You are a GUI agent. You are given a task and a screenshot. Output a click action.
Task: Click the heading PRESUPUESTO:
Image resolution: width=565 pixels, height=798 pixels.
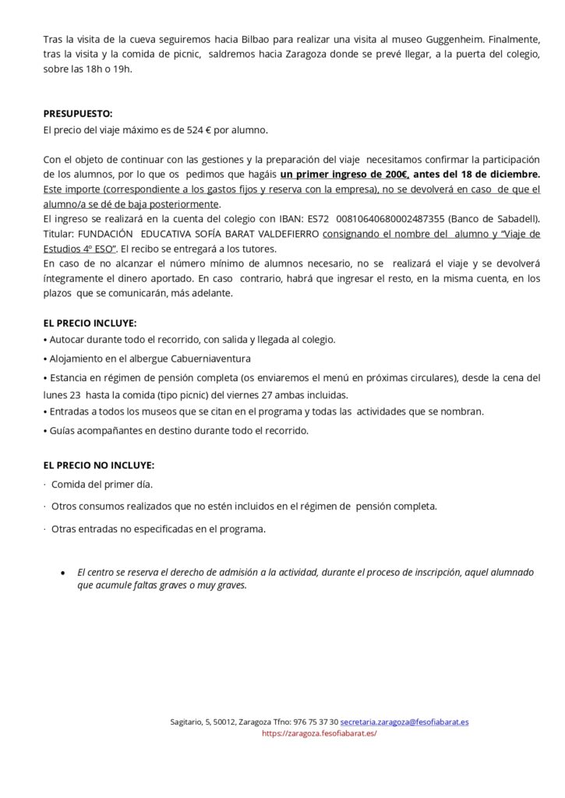78,113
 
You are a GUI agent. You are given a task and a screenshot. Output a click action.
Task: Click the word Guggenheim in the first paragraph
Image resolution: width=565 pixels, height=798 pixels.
482,38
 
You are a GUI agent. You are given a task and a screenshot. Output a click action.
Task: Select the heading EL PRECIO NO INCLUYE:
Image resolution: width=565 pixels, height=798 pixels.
99,465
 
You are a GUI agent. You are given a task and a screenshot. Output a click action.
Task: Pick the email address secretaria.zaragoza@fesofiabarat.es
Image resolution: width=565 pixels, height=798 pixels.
404,722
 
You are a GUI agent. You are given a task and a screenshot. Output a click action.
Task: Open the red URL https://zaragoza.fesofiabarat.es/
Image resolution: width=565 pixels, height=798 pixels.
320,733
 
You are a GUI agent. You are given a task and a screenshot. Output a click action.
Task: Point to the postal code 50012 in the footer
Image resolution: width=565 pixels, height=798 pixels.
223,722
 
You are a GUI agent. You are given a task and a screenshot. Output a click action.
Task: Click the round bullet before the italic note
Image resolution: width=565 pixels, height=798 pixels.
62,572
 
